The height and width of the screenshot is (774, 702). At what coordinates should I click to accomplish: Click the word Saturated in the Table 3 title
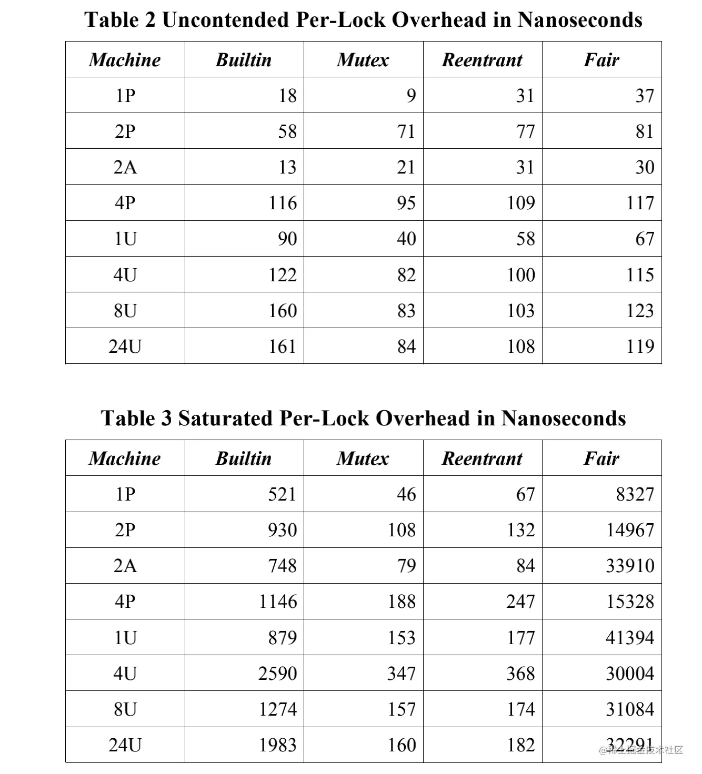coord(225,419)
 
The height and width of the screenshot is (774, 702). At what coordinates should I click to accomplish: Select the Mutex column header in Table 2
coord(363,60)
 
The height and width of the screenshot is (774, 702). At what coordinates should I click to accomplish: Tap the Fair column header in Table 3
coord(601,459)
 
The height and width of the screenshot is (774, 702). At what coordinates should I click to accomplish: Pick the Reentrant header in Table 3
coord(482,459)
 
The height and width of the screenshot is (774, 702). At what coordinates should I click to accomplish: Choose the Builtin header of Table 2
coord(244,60)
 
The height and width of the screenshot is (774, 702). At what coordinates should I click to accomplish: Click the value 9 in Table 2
coord(411,96)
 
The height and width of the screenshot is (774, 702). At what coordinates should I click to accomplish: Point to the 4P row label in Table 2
coord(125,203)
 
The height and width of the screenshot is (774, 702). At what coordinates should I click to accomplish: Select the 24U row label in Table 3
coord(125,745)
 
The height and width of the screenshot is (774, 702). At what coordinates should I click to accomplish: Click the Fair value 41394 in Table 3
coord(629,638)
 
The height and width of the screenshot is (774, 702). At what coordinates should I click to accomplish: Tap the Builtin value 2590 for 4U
coord(277,674)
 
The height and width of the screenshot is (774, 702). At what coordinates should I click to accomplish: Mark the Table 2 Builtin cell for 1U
coord(287,239)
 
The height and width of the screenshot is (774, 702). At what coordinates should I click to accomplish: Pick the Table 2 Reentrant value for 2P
coord(525,131)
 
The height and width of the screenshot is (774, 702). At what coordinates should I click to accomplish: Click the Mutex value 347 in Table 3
coord(402,674)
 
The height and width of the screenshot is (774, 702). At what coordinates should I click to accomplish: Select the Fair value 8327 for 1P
coord(635,494)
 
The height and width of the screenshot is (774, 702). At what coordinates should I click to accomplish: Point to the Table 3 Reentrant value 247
coord(520,602)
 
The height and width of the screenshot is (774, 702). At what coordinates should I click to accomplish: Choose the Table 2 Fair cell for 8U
coord(640,311)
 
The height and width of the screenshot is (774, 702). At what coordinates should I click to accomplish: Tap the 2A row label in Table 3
coord(125,566)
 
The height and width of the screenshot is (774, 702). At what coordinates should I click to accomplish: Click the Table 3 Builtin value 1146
coord(278,602)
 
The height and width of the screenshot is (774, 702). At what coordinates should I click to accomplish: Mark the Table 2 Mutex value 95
coord(406,203)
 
